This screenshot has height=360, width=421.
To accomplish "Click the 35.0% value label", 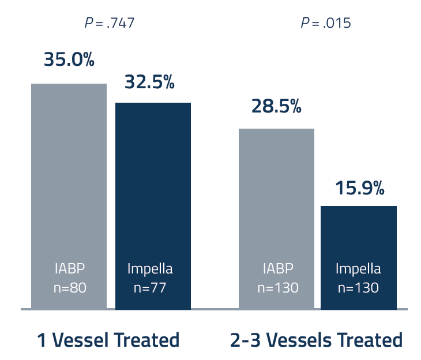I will coord(69,60).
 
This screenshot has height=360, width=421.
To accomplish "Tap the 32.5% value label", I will coord(149,82).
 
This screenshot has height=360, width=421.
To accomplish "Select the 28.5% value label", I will coord(276,107).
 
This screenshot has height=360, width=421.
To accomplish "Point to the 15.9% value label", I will coord(359,188).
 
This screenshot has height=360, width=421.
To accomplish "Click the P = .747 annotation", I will coord(110,23).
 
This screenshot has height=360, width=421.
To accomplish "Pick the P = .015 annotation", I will coord(326,23).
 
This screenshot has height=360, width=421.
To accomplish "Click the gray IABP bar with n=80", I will coord(69,173).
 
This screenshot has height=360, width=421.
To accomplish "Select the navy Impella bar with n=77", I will coord(153,185).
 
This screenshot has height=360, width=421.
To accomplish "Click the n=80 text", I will coord(70,287).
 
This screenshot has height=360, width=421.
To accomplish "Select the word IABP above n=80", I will coord(70,269).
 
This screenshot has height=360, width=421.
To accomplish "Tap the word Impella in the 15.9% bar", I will coord(358,269).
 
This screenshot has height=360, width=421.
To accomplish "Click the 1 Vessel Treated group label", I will coord(108,340).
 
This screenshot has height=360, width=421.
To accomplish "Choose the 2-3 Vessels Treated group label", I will coord(316,340).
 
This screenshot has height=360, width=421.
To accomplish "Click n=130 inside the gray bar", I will coord(278,287).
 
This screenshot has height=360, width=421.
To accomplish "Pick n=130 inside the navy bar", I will coord(358,287).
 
